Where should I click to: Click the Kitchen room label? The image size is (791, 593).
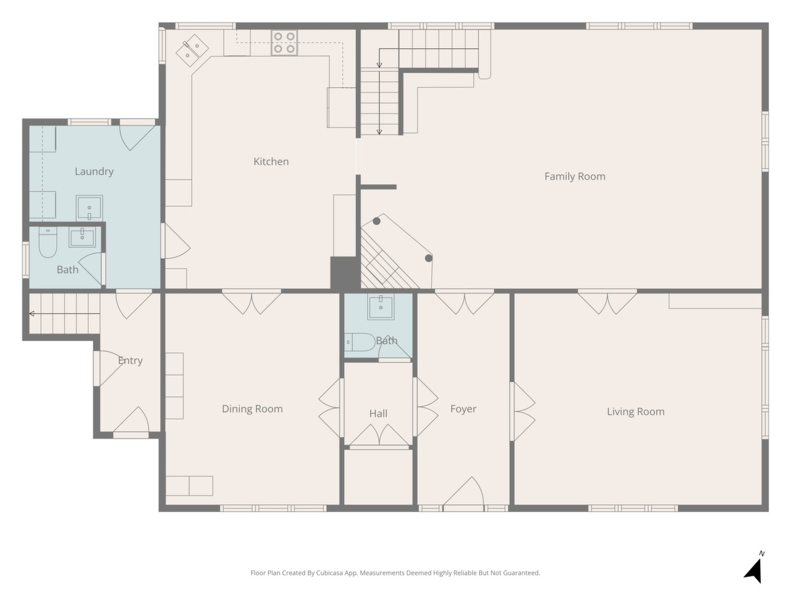[271, 162]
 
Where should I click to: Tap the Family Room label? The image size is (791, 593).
[575, 177]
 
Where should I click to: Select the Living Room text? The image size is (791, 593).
[636, 411]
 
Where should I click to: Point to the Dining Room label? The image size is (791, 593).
[252, 409]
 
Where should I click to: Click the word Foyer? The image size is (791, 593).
[463, 409]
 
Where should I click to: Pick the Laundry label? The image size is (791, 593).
[94, 171]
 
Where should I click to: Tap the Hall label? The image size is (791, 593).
[378, 413]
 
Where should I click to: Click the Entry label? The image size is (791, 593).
[130, 360]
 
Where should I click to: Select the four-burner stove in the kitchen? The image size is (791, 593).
[284, 43]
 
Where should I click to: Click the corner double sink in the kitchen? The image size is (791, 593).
[192, 51]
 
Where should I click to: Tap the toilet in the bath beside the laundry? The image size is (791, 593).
[48, 242]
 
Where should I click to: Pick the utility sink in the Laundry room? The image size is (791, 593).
[90, 208]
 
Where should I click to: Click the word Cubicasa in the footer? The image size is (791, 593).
[329, 573]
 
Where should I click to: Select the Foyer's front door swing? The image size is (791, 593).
[463, 492]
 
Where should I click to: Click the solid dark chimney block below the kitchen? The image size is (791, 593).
[345, 272]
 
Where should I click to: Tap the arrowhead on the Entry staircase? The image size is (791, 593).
[32, 314]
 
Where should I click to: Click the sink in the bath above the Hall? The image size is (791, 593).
[381, 307]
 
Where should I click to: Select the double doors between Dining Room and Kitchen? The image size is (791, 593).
[252, 301]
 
